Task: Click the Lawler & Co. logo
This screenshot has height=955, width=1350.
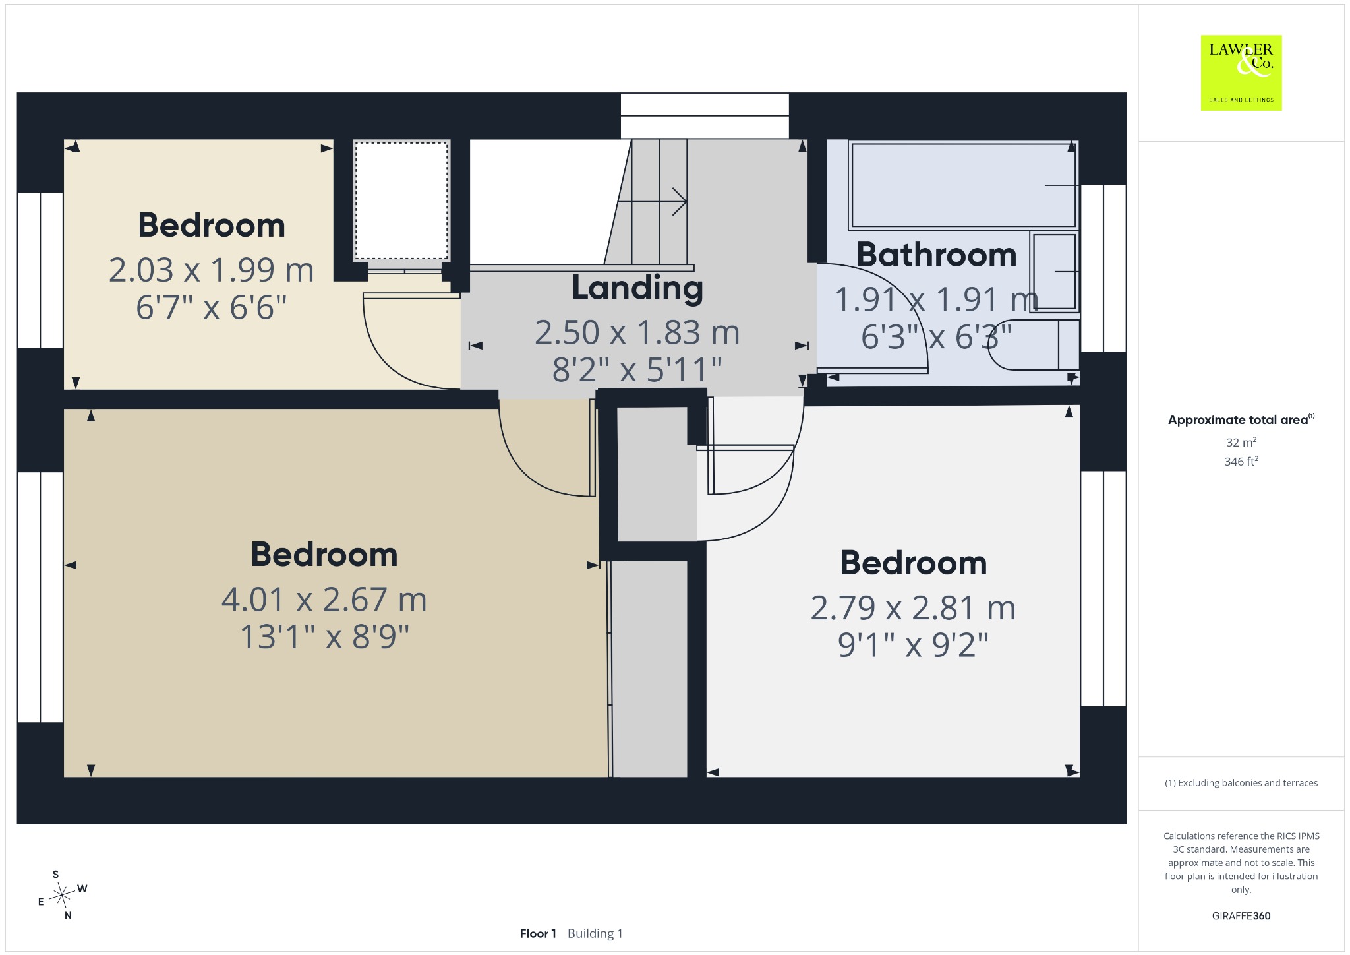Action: [1241, 73]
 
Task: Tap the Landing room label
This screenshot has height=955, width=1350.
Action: [637, 288]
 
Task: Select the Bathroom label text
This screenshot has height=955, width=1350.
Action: [937, 255]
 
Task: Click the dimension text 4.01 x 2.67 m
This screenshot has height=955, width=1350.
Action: [324, 600]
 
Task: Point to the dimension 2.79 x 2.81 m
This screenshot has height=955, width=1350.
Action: [913, 607]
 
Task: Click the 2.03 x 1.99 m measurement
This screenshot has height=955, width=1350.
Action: [212, 270]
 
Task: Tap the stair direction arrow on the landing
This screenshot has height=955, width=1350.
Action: [653, 201]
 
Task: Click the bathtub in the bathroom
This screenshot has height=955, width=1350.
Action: [964, 185]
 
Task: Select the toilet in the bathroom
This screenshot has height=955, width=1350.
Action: [1034, 344]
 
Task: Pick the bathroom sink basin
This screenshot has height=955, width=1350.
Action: [1055, 271]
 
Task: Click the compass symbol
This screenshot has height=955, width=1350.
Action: [63, 895]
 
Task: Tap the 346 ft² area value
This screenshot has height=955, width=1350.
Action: [1241, 461]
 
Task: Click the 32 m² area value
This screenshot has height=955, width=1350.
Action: [1241, 442]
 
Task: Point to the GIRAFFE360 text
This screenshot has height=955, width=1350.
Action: [1241, 915]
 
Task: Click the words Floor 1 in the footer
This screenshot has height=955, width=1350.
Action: [538, 933]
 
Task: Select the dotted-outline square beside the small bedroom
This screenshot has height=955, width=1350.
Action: [401, 201]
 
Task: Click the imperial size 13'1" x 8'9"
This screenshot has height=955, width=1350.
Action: [324, 637]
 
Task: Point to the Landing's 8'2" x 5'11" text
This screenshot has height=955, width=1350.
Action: [637, 369]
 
